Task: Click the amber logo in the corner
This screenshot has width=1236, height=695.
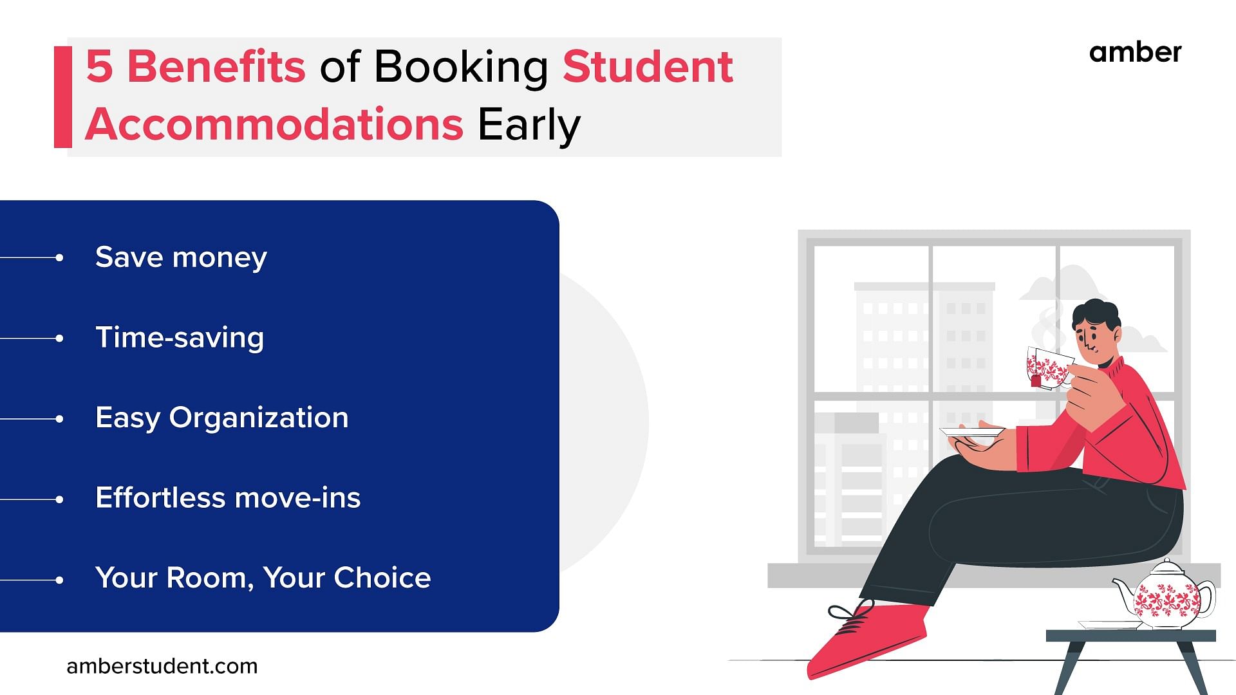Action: [1136, 52]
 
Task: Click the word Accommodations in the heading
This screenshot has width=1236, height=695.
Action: [274, 124]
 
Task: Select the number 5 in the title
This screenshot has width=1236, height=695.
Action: [99, 66]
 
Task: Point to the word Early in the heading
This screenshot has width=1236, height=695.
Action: [529, 126]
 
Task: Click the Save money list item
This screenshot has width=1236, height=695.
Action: [181, 257]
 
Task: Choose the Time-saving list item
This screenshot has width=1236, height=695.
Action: [180, 338]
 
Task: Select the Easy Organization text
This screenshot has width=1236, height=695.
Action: [222, 418]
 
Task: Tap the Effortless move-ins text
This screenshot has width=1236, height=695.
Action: [228, 498]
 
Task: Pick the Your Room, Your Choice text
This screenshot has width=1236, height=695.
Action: [263, 578]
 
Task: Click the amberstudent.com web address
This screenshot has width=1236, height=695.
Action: [162, 666]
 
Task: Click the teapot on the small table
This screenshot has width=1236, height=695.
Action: [1164, 595]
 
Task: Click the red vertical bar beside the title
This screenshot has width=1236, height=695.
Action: [63, 97]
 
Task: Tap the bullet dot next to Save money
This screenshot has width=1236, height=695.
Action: [59, 257]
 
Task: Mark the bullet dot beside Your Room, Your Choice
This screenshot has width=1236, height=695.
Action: [59, 580]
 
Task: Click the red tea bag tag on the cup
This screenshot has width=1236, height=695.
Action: [1036, 381]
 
